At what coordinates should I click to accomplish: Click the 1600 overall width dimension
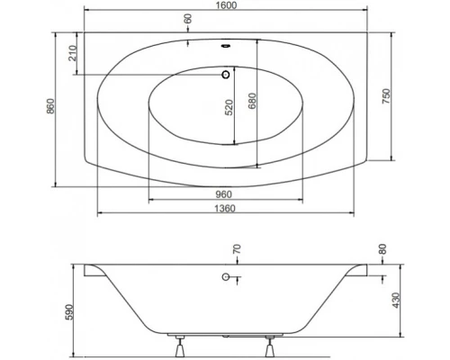[225, 5]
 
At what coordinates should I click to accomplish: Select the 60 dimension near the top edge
[188, 19]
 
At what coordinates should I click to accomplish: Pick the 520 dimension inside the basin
[229, 108]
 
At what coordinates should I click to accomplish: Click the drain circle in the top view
[225, 76]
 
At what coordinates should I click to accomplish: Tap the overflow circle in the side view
[225, 277]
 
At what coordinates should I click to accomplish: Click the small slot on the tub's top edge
[225, 41]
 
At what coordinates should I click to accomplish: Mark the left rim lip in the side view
[89, 269]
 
